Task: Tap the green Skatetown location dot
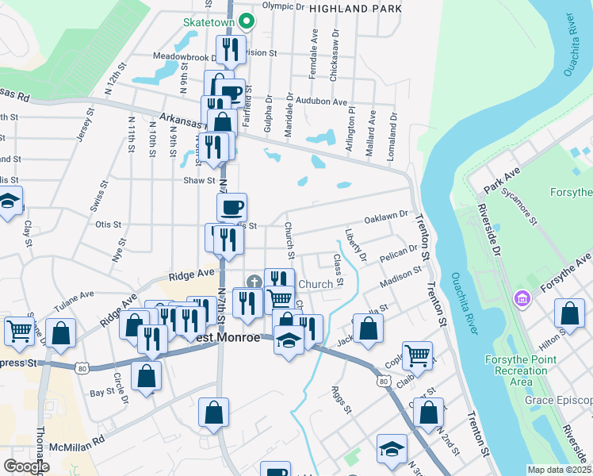(247, 21)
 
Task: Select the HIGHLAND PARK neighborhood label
(355, 8)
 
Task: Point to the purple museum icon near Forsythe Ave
(522, 300)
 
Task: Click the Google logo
(26, 466)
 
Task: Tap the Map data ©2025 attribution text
(559, 470)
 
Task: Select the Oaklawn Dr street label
(385, 216)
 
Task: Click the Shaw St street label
(194, 180)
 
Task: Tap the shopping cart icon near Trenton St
(417, 356)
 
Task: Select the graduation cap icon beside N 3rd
(392, 449)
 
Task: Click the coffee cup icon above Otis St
(231, 208)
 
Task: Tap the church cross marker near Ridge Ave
(254, 281)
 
